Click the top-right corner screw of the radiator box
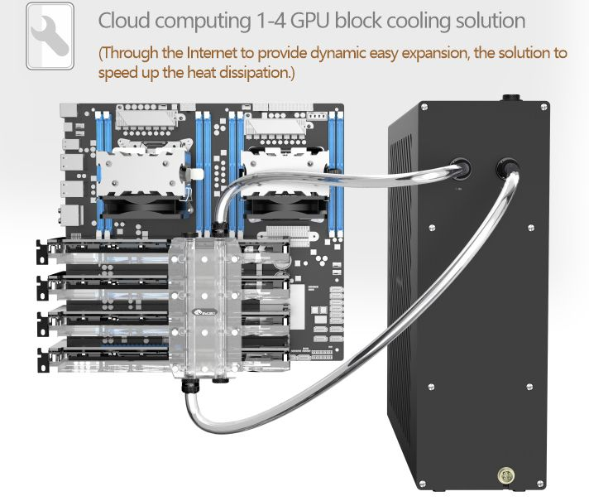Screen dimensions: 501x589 [x=543, y=107]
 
